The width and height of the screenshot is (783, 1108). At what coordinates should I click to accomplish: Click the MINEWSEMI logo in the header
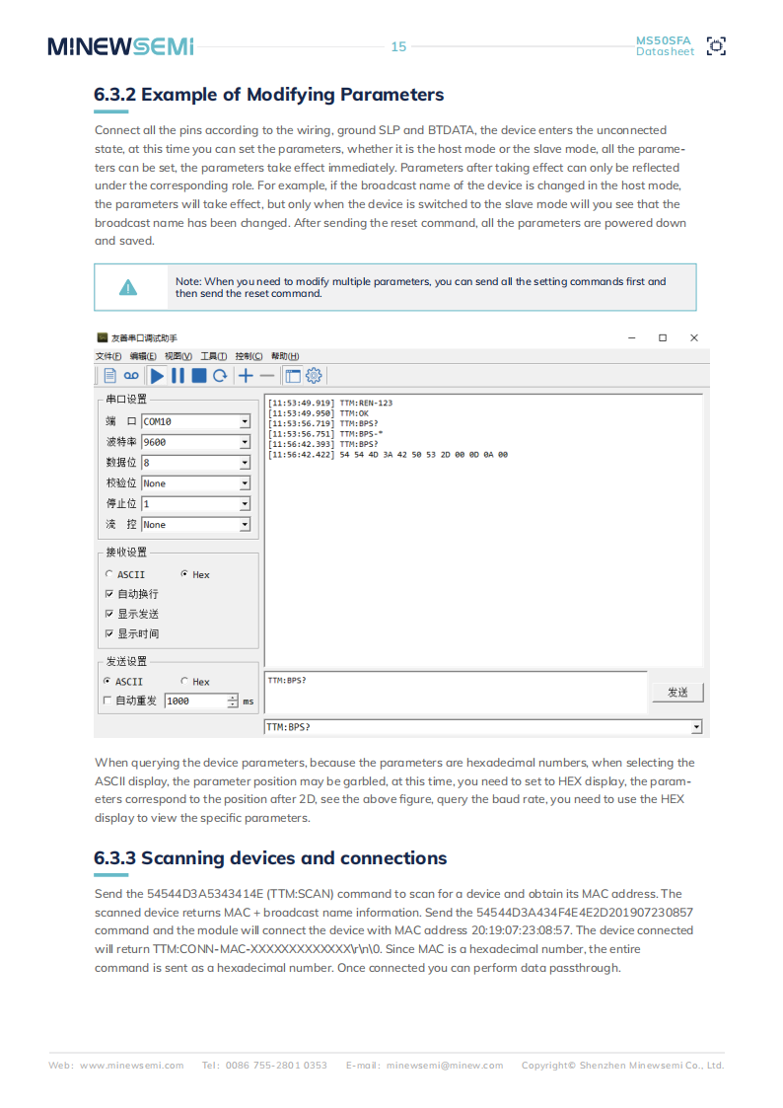click(x=120, y=46)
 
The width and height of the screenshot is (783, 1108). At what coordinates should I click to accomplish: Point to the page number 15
click(x=398, y=46)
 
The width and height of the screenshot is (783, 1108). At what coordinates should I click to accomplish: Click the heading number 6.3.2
click(x=114, y=95)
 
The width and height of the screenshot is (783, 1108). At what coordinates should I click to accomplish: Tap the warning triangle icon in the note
click(x=128, y=287)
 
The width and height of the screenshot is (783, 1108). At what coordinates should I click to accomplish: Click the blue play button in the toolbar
click(x=157, y=375)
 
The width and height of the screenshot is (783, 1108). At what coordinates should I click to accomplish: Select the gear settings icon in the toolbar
click(x=314, y=375)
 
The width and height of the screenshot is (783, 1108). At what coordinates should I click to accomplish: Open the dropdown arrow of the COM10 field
click(x=245, y=421)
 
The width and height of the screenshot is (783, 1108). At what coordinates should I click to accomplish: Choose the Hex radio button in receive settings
click(x=184, y=574)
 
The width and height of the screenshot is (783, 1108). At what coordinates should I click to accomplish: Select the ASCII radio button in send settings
click(x=107, y=681)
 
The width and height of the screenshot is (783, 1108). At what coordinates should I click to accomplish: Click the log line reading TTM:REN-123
click(x=330, y=403)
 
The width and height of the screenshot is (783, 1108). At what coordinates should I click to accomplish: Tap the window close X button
click(x=693, y=337)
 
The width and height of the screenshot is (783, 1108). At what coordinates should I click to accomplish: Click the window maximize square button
click(x=663, y=337)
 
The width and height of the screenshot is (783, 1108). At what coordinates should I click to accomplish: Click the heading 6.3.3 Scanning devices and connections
click(x=270, y=857)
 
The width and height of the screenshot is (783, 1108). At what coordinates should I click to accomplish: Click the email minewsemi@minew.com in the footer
click(x=445, y=1065)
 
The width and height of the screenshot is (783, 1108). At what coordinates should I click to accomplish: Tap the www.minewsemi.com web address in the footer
click(x=131, y=1065)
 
